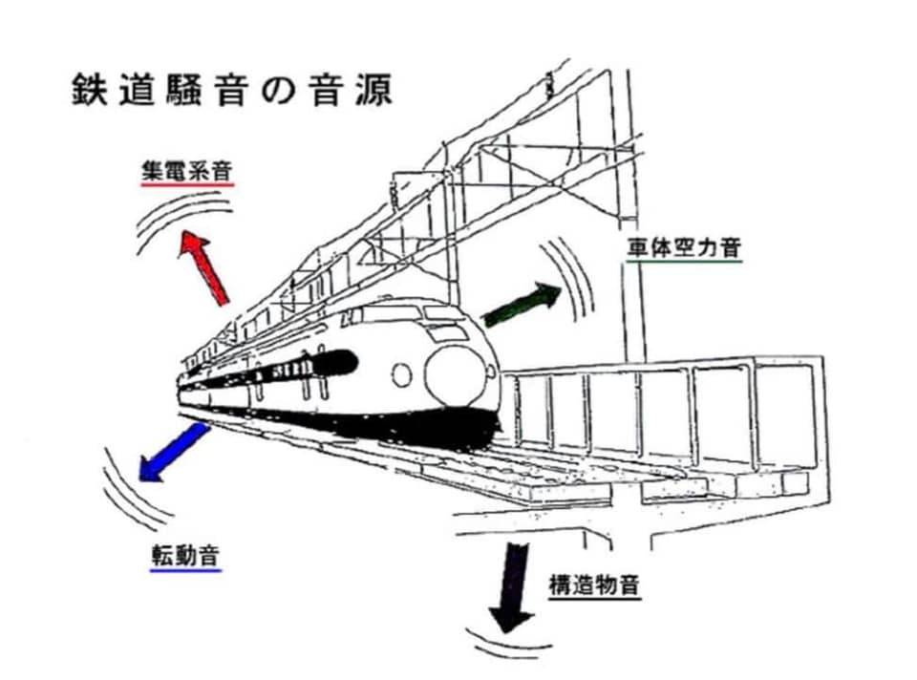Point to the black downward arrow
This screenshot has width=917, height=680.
tap(515, 584)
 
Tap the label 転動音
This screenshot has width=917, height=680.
tap(185, 554)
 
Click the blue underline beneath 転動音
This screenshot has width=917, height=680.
tap(185, 570)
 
